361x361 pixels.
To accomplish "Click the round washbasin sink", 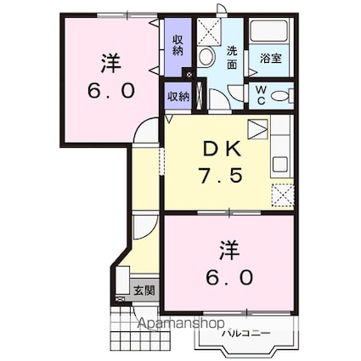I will click(x=206, y=58).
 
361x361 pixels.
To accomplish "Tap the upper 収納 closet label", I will click(x=178, y=45).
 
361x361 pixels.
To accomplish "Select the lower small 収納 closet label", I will click(x=178, y=96).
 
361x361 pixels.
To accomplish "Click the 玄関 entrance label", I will click(x=143, y=290).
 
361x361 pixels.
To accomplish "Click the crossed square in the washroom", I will click(x=209, y=32).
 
